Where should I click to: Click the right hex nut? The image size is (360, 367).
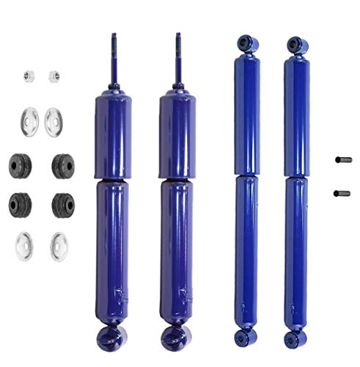click(54, 76)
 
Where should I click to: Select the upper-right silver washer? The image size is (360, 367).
click(54, 121)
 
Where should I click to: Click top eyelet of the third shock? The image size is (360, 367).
click(244, 44)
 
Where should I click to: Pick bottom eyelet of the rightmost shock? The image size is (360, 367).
click(295, 340)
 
